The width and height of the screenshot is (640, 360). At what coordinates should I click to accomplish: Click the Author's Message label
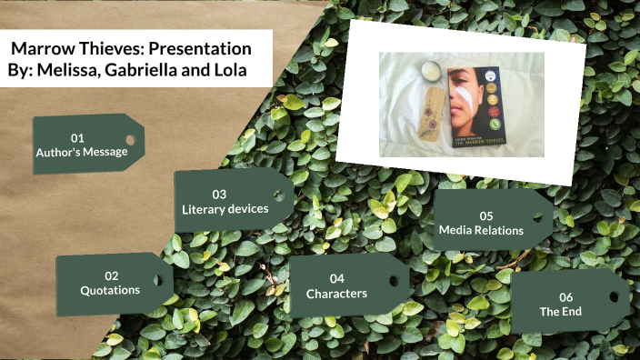(82, 153)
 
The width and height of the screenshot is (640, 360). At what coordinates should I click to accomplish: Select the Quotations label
(110, 290)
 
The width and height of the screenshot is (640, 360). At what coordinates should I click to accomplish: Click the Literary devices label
(225, 209)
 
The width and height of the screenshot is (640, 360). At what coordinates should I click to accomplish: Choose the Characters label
(336, 294)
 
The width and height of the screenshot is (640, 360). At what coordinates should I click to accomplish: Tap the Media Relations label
(481, 231)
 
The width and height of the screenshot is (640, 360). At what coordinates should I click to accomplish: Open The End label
(561, 312)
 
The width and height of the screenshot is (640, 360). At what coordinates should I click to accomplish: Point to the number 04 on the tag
(337, 278)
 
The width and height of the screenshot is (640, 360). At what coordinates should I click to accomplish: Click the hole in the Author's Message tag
(130, 141)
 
